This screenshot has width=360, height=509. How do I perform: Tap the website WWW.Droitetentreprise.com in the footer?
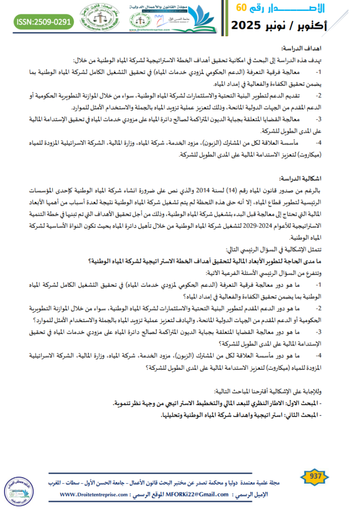point(94,495)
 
